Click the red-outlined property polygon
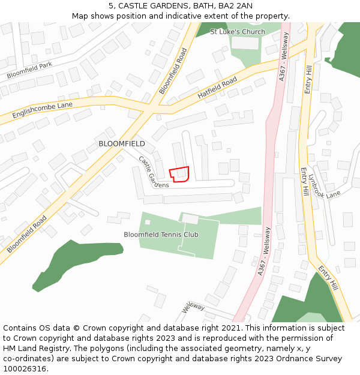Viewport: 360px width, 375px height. point(179,174)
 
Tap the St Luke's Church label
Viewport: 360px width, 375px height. point(238,32)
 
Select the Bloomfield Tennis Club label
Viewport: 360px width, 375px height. point(161,235)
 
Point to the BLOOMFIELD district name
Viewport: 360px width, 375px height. point(122,144)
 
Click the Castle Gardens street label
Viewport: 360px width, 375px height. point(153,172)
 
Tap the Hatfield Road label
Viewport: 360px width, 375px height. point(217,90)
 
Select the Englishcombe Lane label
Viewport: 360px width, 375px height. point(42,109)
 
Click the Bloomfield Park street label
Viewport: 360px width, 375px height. point(30,70)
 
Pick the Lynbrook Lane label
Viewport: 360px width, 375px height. point(324,186)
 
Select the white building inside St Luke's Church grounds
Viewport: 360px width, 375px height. point(244,43)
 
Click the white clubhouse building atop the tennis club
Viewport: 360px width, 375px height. point(190,219)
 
